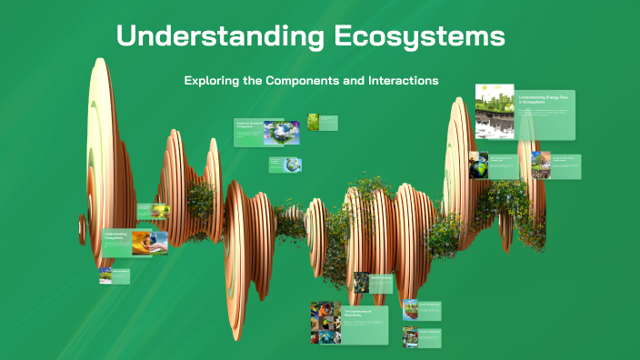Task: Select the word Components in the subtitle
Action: (303, 81)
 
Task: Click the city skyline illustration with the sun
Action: (495, 111)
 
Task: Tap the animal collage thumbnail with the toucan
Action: (325, 324)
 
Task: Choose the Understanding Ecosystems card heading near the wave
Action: (116, 236)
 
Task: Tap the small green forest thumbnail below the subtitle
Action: (313, 122)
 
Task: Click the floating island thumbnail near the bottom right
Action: (410, 310)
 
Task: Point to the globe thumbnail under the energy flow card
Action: (478, 165)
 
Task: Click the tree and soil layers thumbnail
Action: (541, 165)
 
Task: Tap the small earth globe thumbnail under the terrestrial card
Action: (292, 165)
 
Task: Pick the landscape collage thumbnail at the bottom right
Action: (410, 336)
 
